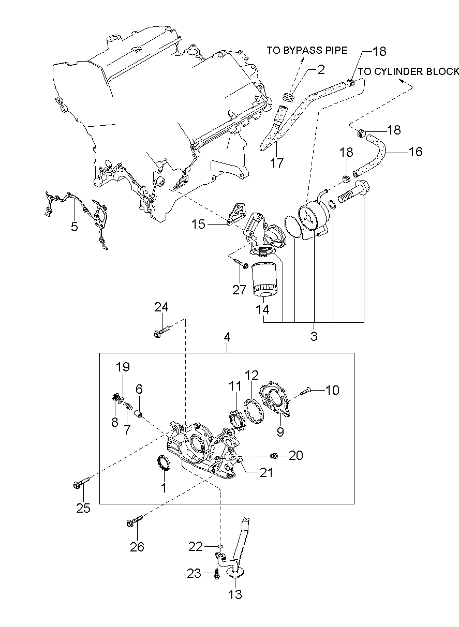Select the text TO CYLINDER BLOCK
(x=408, y=71)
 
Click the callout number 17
(x=277, y=163)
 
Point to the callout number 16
(x=416, y=152)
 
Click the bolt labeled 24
(x=161, y=332)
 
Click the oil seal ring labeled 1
(x=163, y=463)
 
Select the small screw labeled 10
(x=305, y=391)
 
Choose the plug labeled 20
(x=275, y=455)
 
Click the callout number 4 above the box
(x=227, y=337)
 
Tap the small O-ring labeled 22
(x=220, y=546)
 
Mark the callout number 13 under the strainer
(x=235, y=594)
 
